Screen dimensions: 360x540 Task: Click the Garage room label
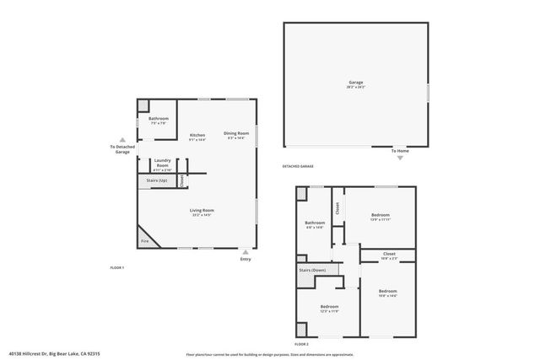(x=355, y=83)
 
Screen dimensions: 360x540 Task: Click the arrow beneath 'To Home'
(x=400, y=158)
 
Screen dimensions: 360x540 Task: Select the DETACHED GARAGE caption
(x=301, y=167)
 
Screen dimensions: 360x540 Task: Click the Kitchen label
(x=197, y=135)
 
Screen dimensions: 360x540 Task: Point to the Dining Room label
(x=236, y=133)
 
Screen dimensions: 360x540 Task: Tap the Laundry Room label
(x=162, y=163)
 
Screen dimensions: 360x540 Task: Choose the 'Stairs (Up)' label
(x=157, y=180)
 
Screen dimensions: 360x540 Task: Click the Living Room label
(x=201, y=211)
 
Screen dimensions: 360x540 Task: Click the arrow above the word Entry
(x=246, y=251)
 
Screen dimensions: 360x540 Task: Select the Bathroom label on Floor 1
(x=159, y=119)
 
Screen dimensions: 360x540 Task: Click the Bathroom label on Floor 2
(x=315, y=223)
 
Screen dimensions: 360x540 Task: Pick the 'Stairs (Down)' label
(x=313, y=270)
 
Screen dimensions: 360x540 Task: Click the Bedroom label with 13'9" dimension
(x=381, y=216)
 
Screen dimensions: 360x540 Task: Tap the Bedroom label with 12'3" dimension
(x=329, y=306)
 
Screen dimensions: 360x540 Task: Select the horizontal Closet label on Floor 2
(x=389, y=253)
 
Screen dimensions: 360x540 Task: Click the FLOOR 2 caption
(x=301, y=344)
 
